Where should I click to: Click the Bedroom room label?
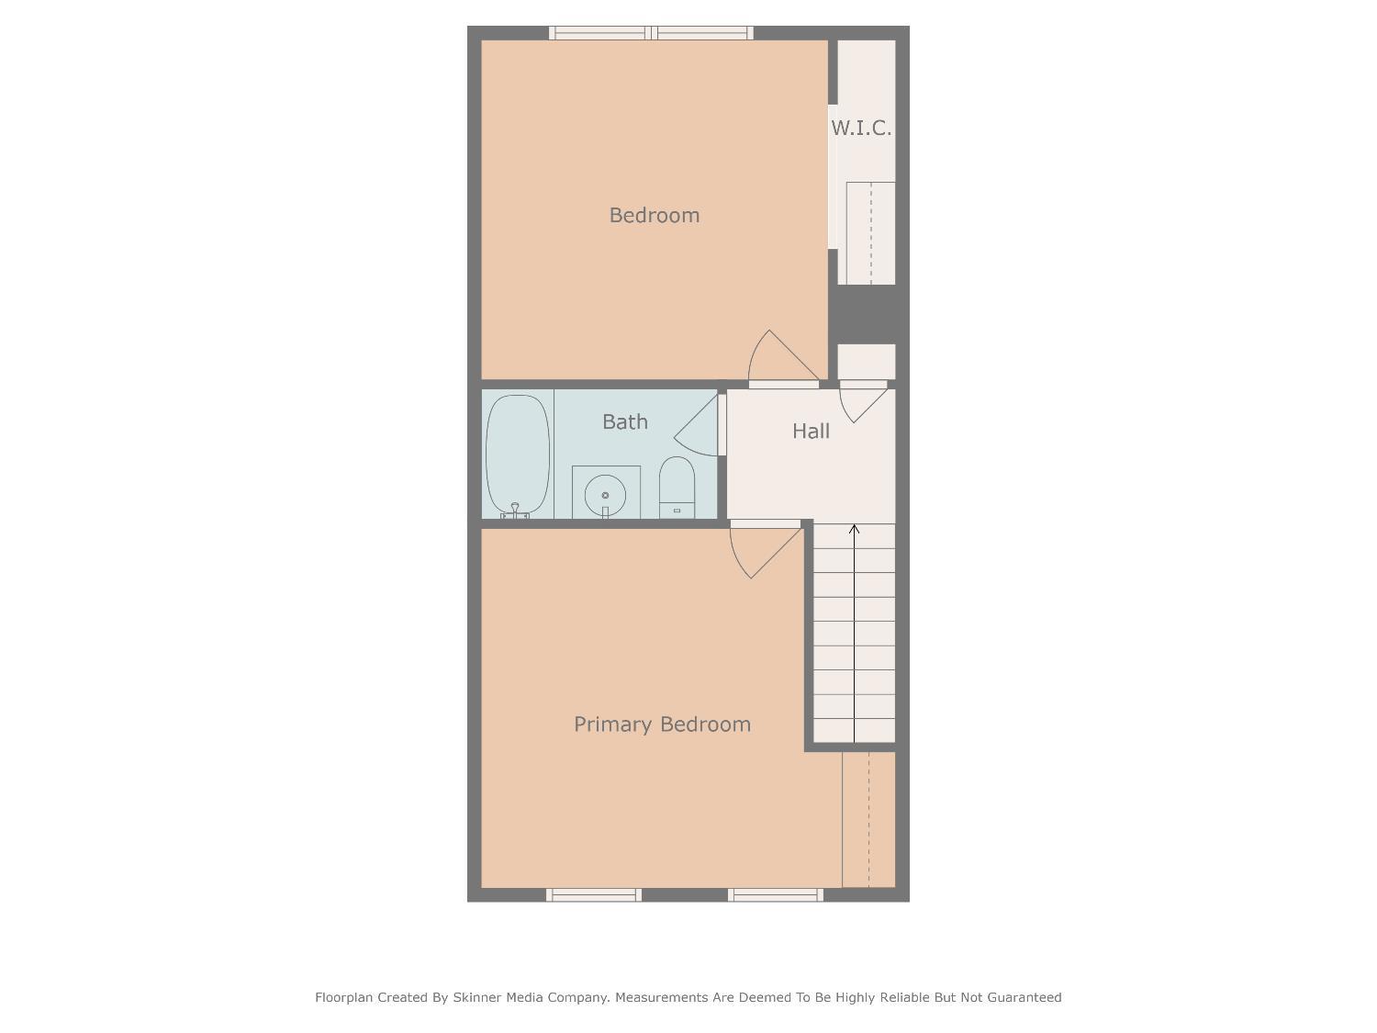click(x=654, y=215)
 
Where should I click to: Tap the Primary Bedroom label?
click(x=662, y=724)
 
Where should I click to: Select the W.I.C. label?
click(x=861, y=129)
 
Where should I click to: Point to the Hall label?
click(x=811, y=431)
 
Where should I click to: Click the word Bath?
click(x=625, y=421)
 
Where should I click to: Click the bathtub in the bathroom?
click(x=518, y=454)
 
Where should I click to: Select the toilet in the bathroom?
click(x=677, y=488)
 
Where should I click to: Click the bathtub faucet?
click(x=515, y=510)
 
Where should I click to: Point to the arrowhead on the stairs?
click(x=854, y=529)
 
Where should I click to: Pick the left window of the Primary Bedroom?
click(x=594, y=894)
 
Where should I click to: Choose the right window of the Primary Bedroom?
click(x=776, y=894)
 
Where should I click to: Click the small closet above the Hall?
click(x=866, y=361)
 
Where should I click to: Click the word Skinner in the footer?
click(x=477, y=997)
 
